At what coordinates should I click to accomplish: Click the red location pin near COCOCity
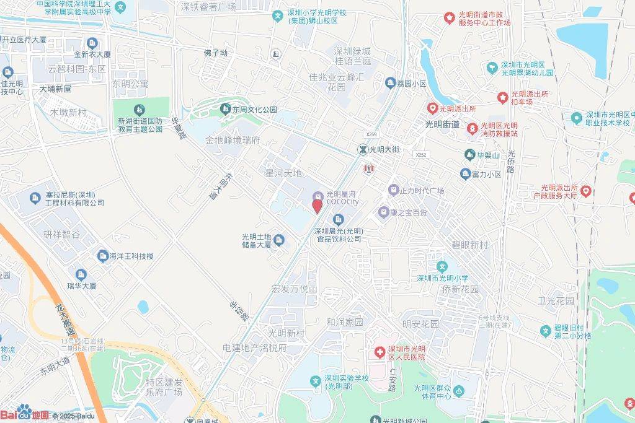click(x=317, y=206)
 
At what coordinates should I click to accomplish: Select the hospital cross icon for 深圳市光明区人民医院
click(x=378, y=352)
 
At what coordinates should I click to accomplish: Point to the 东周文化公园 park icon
click(x=226, y=110)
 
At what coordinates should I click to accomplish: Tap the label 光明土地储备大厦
click(x=257, y=240)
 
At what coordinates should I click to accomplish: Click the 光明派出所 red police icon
click(x=432, y=108)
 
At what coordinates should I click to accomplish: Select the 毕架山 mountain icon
click(x=470, y=154)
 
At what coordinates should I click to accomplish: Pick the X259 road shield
click(x=371, y=134)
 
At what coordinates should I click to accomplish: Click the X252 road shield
click(x=421, y=155)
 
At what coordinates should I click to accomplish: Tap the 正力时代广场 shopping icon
click(x=393, y=190)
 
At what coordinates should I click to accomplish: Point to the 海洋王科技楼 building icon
click(x=102, y=255)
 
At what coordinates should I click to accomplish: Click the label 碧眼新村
click(x=470, y=245)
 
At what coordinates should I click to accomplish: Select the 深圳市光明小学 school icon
click(x=442, y=266)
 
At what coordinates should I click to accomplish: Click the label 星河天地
click(x=283, y=173)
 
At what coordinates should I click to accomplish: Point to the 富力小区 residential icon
click(x=465, y=175)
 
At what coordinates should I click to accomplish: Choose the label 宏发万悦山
click(x=295, y=289)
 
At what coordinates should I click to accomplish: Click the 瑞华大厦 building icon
click(x=81, y=274)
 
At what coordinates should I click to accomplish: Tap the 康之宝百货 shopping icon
click(x=384, y=212)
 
